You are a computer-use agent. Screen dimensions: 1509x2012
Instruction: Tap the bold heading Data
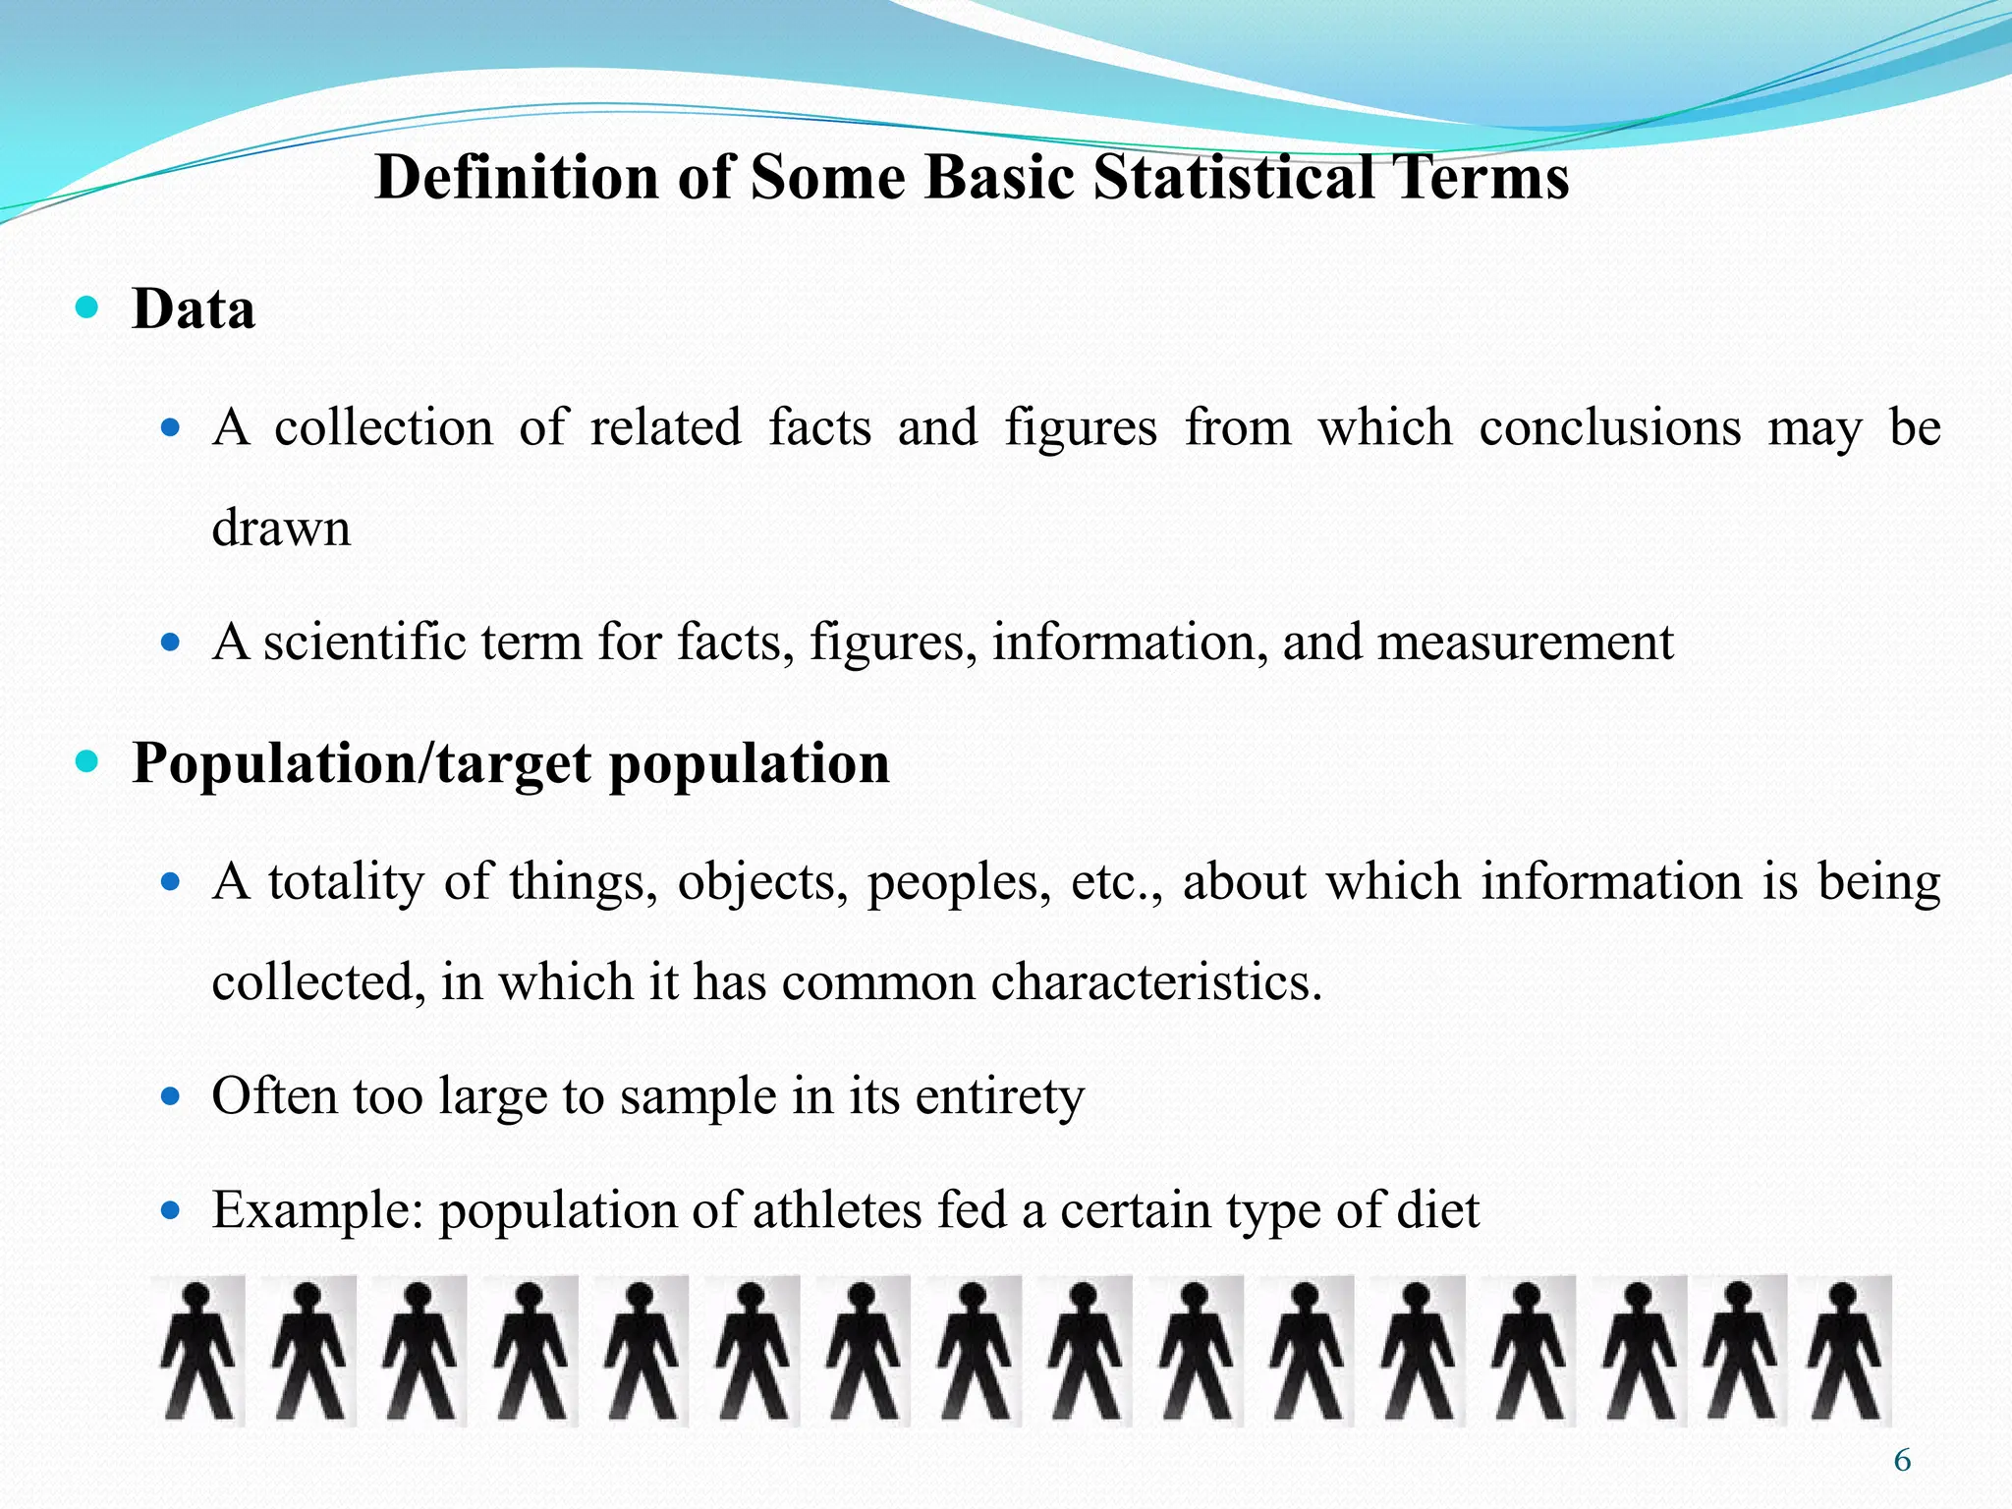(194, 309)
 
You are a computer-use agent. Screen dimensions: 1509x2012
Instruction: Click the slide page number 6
(1902, 1461)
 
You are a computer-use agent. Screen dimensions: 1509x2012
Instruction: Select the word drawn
(281, 528)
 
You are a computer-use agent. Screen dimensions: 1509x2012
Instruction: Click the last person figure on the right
(1844, 1351)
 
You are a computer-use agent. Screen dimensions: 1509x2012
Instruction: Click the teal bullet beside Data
(87, 308)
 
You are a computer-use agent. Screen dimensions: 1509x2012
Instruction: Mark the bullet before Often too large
(171, 1096)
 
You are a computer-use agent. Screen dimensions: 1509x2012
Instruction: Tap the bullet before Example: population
(171, 1210)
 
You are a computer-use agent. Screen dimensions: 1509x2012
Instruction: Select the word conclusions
(1609, 428)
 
